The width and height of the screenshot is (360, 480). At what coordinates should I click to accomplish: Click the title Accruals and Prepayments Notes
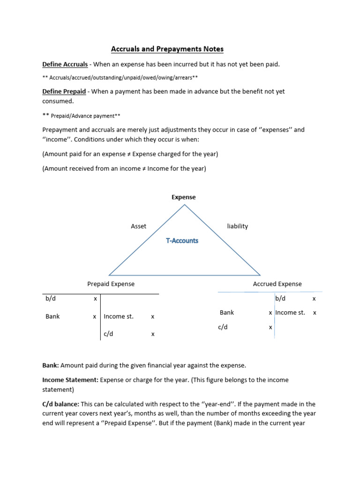(x=167, y=49)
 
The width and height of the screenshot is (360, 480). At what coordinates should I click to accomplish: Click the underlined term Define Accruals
(x=65, y=64)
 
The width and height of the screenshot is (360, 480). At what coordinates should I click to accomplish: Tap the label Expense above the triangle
(x=183, y=197)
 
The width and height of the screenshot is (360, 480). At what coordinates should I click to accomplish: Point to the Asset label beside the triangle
(x=138, y=226)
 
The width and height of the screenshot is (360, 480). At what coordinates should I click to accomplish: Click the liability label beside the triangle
(x=237, y=226)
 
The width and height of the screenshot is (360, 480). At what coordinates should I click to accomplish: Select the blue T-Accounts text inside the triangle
(x=182, y=240)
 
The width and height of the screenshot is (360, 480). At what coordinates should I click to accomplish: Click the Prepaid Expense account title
(x=111, y=284)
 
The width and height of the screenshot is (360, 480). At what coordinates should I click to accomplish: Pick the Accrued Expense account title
(x=277, y=284)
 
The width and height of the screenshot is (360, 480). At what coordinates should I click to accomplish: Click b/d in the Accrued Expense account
(x=280, y=299)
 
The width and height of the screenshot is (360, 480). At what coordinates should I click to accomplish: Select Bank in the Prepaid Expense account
(x=52, y=316)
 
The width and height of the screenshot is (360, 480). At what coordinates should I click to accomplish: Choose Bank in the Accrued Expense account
(x=226, y=313)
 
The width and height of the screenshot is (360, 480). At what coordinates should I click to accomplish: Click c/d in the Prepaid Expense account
(x=109, y=334)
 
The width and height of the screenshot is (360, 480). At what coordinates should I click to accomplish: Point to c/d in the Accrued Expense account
(x=223, y=328)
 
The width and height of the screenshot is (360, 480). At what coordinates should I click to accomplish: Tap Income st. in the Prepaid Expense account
(x=119, y=316)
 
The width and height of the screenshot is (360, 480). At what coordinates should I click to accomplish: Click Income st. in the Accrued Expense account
(x=290, y=313)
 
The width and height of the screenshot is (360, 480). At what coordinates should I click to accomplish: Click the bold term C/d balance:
(x=62, y=404)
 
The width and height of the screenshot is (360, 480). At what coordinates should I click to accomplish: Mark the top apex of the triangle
(x=184, y=205)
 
